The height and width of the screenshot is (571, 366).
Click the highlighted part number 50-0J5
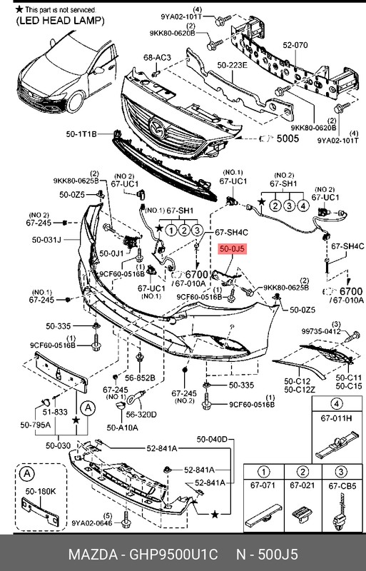click(232, 249)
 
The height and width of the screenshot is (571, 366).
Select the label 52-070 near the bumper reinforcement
click(295, 45)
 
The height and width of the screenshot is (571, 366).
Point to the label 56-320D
click(141, 413)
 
